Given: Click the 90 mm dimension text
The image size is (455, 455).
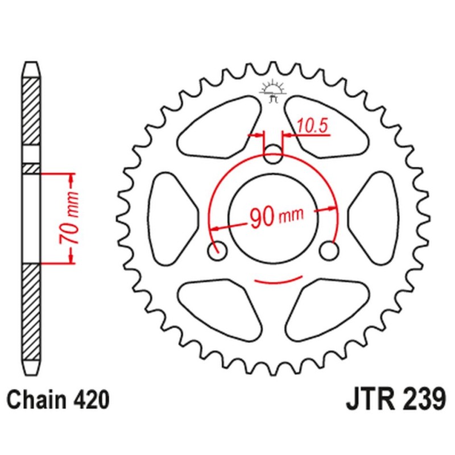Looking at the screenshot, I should [x=275, y=216].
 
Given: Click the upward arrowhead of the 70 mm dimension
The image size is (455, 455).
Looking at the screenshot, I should [x=72, y=179].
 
